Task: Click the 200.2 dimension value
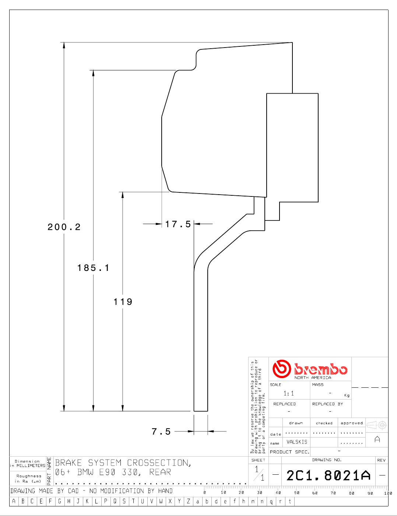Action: pyautogui.click(x=64, y=227)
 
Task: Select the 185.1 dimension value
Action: pyautogui.click(x=93, y=268)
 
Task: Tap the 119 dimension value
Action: pyautogui.click(x=123, y=302)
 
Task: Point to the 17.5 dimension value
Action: pyautogui.click(x=178, y=224)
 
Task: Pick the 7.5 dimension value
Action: pyautogui.click(x=161, y=432)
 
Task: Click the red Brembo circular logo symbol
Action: pyautogui.click(x=281, y=369)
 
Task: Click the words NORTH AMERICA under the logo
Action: pyautogui.click(x=313, y=377)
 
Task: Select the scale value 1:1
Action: pyautogui.click(x=289, y=394)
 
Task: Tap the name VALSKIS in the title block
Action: pyautogui.click(x=297, y=442)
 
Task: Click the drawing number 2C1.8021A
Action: pyautogui.click(x=328, y=475)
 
